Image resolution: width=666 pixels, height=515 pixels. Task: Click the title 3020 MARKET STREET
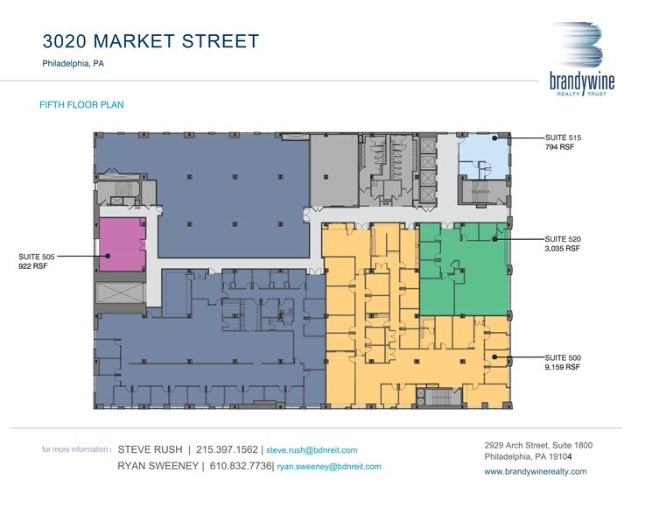pyautogui.click(x=151, y=41)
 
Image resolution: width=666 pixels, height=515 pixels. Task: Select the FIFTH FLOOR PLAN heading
pyautogui.click(x=81, y=105)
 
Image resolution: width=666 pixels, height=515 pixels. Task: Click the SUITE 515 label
pyautogui.click(x=563, y=138)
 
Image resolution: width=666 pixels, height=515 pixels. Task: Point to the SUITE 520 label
pyautogui.click(x=563, y=238)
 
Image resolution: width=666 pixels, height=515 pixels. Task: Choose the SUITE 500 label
pyautogui.click(x=563, y=357)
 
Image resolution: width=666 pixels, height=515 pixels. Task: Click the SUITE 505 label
pyautogui.click(x=37, y=257)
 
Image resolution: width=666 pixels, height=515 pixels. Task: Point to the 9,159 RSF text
pyautogui.click(x=563, y=368)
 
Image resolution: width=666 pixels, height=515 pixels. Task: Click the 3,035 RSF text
pyautogui.click(x=563, y=249)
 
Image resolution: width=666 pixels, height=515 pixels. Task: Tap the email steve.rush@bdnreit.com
pyautogui.click(x=312, y=450)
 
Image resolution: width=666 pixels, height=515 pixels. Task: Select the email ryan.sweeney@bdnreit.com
pyautogui.click(x=328, y=467)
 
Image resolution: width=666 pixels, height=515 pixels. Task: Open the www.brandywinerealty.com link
pyautogui.click(x=535, y=471)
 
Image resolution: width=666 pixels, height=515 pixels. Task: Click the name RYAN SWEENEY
pyautogui.click(x=156, y=467)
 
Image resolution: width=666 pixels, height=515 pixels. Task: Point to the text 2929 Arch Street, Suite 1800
pyautogui.click(x=538, y=445)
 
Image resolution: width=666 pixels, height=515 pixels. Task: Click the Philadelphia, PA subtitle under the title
pyautogui.click(x=74, y=64)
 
